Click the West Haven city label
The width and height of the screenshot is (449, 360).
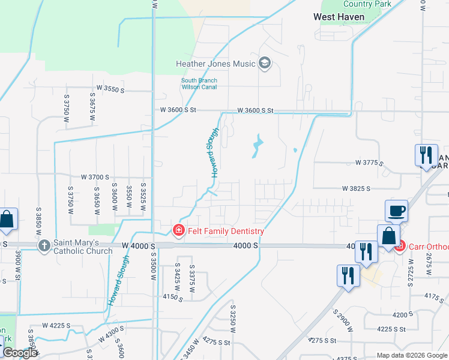pyautogui.click(x=339, y=17)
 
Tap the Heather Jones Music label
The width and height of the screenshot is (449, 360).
pyautogui.click(x=215, y=63)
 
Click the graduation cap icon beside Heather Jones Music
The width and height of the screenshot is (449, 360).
pyautogui.click(x=265, y=63)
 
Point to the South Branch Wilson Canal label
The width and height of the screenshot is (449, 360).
pyautogui.click(x=199, y=83)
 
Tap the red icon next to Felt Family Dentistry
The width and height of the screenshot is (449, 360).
pyautogui.click(x=178, y=230)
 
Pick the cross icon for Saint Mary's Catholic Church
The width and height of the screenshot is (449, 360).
pyautogui.click(x=44, y=245)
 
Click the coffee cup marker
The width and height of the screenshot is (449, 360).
pyautogui.click(x=396, y=211)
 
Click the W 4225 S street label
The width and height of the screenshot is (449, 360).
pyautogui.click(x=56, y=325)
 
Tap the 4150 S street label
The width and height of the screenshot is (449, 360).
pyautogui.click(x=172, y=296)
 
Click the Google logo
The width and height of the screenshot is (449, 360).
pyautogui.click(x=20, y=353)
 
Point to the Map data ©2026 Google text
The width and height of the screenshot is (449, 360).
pyautogui.click(x=411, y=355)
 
